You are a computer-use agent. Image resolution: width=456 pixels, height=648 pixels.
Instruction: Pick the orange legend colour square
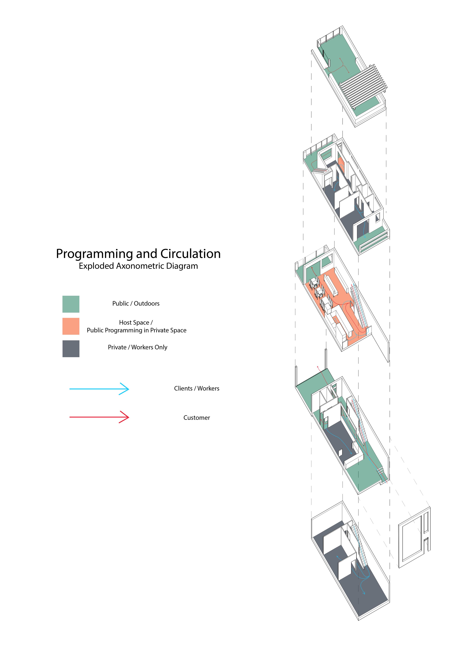tap(71, 326)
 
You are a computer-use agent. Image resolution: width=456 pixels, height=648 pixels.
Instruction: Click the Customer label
tap(197, 418)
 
